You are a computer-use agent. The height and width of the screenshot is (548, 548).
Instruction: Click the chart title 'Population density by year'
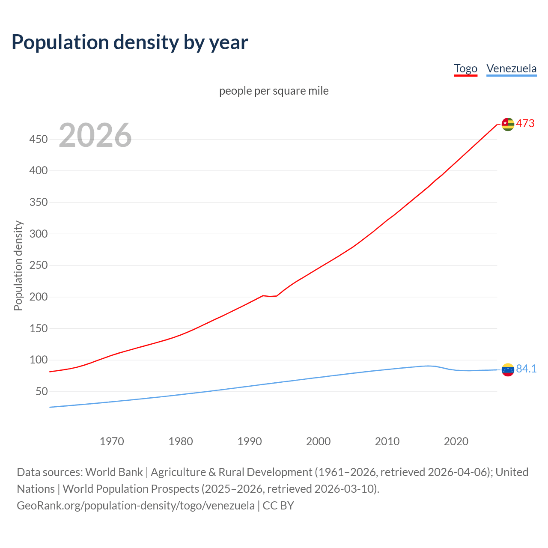[130, 42]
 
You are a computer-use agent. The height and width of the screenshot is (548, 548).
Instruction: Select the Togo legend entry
[465, 68]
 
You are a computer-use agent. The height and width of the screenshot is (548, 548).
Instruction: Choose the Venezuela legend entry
[511, 68]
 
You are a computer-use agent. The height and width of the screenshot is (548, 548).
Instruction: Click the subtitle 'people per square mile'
[274, 91]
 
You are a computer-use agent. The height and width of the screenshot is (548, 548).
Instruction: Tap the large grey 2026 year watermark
[95, 135]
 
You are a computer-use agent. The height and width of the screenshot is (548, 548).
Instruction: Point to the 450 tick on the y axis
[39, 139]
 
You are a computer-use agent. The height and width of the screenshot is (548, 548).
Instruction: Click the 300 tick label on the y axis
[39, 234]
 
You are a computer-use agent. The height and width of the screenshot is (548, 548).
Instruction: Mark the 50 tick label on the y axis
[42, 391]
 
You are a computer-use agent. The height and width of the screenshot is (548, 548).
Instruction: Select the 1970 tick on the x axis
[112, 441]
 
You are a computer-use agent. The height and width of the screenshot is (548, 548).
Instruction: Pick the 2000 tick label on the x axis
[318, 441]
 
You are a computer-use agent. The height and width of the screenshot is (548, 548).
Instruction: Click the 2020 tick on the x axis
[456, 441]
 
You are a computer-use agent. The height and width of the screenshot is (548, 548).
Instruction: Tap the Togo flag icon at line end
[508, 124]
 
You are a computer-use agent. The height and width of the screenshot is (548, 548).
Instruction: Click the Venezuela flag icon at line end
[508, 369]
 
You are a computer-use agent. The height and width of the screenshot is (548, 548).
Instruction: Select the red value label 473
[525, 124]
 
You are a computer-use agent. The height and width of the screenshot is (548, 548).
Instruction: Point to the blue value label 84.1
[526, 369]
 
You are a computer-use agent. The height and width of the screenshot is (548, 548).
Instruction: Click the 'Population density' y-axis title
[18, 265]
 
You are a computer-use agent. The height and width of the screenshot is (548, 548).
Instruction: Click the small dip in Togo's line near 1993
[270, 296]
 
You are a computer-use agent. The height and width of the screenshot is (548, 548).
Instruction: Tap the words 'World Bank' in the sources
[114, 472]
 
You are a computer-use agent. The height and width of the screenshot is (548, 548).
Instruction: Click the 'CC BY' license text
[278, 505]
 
